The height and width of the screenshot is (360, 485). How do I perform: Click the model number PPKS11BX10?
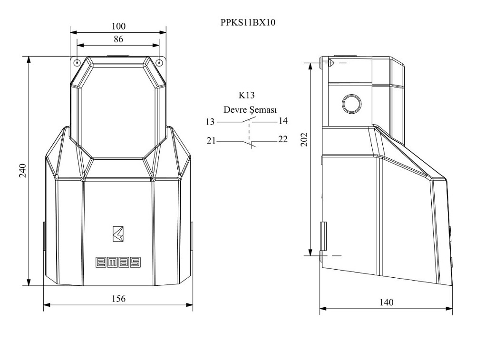(248, 22)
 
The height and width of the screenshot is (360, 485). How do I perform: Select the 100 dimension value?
(118, 26)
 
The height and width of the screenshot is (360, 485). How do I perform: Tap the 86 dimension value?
(118, 39)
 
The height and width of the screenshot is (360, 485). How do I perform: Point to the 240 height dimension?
(23, 171)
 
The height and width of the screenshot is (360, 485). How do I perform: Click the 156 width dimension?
(118, 299)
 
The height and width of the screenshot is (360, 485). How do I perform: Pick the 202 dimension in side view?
(305, 139)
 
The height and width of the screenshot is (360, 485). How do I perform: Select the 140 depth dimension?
(386, 302)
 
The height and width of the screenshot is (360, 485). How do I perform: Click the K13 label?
(246, 95)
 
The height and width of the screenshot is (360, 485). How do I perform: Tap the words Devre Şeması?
(250, 110)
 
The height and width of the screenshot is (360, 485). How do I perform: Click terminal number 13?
(210, 122)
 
